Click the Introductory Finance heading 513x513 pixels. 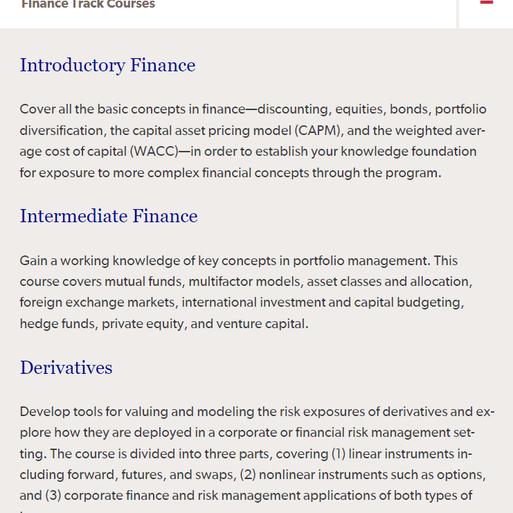click(x=107, y=66)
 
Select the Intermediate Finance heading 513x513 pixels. click(x=109, y=217)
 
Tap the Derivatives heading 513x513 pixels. click(x=66, y=368)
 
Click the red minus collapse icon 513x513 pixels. click(x=486, y=3)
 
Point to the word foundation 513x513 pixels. click(x=444, y=152)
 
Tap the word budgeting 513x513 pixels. click(x=428, y=303)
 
